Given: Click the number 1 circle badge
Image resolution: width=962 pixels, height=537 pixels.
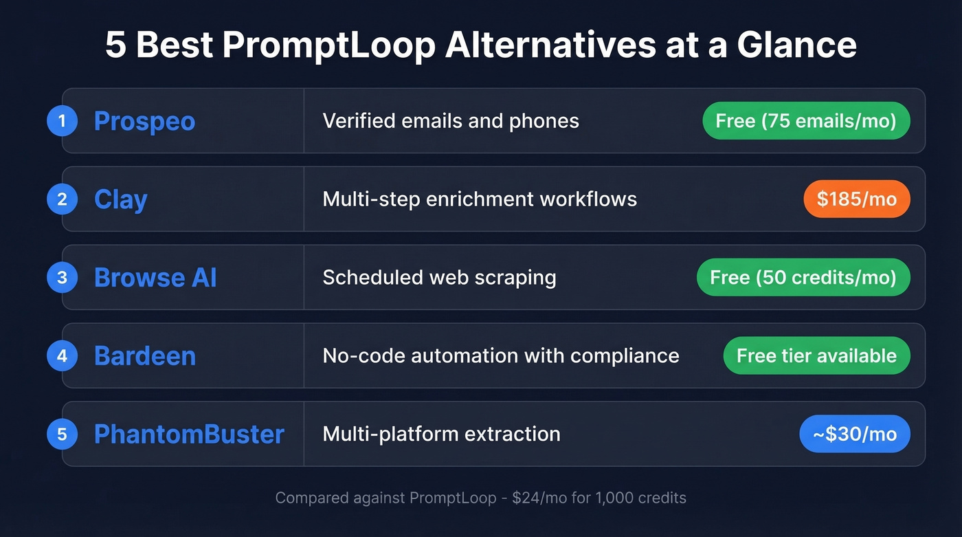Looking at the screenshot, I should coord(62,121).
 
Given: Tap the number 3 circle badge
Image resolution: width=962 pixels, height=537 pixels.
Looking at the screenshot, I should coord(62,278).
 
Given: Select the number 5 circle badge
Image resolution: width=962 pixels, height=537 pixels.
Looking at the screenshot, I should coord(62,434).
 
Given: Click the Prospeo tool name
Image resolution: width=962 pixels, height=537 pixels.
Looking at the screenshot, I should coord(144,121).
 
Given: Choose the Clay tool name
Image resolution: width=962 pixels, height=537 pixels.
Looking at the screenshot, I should coord(120,199).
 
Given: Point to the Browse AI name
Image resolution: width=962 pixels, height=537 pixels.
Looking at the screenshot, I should coord(155,278).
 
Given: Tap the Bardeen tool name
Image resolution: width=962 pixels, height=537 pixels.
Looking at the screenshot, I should coord(144,356).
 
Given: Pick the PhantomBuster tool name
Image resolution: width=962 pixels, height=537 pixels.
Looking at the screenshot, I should coord(189,434).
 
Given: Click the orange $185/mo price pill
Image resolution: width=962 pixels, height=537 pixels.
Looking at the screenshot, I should coord(856,199).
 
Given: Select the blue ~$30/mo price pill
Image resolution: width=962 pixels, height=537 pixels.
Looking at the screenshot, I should coord(854,434).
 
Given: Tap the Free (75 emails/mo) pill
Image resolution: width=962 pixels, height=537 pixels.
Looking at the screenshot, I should coord(806,121).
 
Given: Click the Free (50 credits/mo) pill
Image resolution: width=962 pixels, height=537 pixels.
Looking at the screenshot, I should coord(803,278).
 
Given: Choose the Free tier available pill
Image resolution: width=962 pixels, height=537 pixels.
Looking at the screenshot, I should coord(816,356).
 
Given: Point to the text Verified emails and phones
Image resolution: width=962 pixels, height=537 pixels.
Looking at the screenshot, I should coord(451,121).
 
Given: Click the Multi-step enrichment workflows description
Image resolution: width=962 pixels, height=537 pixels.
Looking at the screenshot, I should coord(480,199).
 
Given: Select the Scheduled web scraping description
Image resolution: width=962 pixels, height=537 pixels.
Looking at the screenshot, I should coord(439,278).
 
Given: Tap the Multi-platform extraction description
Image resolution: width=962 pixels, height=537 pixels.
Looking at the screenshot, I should coord(441,434).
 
